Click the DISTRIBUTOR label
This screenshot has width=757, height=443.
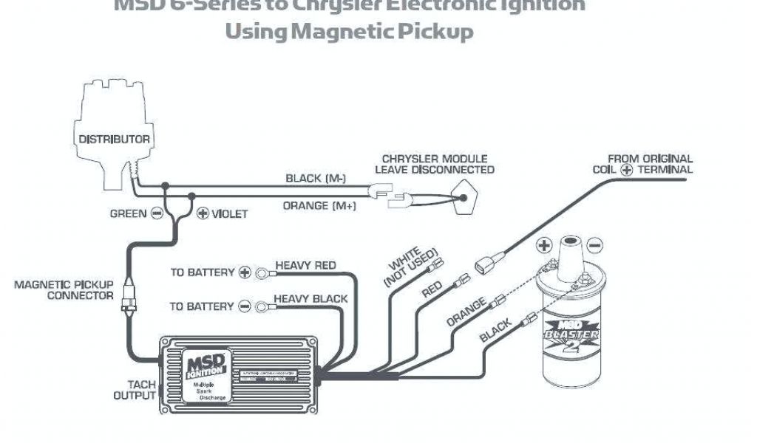[x=115, y=140]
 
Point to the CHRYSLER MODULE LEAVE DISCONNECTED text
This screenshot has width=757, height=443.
[x=435, y=164]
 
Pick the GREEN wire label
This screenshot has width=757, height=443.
[x=128, y=214]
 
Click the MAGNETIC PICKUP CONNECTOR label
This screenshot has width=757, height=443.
[x=64, y=289]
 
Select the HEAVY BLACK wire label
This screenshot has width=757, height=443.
[x=310, y=299]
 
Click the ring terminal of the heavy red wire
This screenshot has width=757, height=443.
[x=262, y=273]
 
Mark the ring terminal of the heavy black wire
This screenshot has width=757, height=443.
[x=262, y=306]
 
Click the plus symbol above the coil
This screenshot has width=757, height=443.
[x=545, y=244]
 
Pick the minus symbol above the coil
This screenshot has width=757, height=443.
[x=595, y=244]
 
